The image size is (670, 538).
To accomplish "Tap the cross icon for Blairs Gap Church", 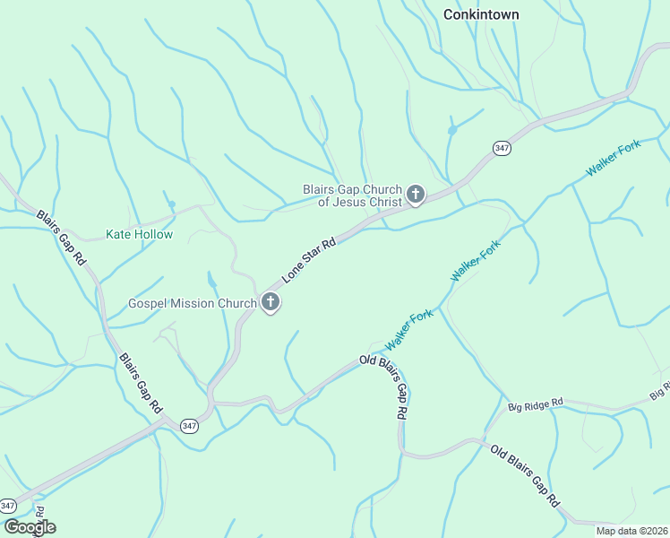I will tap(416, 194).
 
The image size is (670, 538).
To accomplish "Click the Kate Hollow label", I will tap(139, 235).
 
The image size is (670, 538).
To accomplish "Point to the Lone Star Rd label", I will tap(309, 260).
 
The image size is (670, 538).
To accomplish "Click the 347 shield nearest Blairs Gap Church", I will tap(502, 147).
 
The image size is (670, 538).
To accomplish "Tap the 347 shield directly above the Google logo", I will tap(8, 506).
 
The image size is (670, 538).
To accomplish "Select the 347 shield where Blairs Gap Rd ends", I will tap(188, 425).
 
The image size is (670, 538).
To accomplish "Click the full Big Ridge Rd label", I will tap(535, 404).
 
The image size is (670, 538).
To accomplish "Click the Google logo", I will tap(29, 527).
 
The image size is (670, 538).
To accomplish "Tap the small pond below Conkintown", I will tap(451, 130).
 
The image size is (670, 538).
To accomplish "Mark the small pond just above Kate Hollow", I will tap(172, 204).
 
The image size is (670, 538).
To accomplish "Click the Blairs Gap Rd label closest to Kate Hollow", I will tap(61, 239).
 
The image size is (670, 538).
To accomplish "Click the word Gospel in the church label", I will tap(148, 303).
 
